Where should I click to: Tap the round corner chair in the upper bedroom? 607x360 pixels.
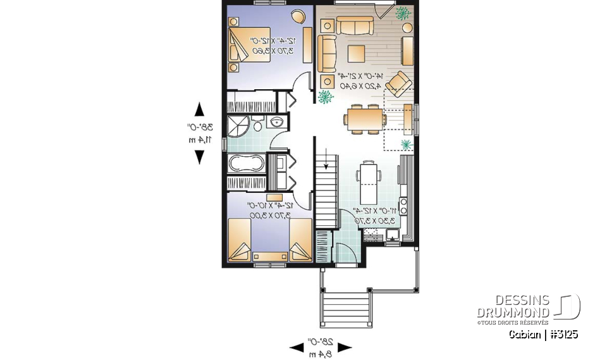[297, 16]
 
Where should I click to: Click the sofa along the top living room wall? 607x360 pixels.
[354, 25]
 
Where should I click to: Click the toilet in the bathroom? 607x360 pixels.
[257, 122]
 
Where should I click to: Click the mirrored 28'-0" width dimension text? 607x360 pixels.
[320, 347]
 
